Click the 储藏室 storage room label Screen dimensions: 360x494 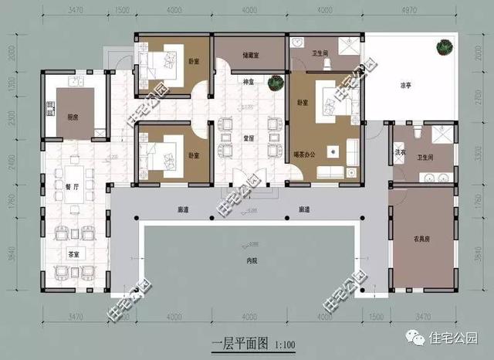[250, 56]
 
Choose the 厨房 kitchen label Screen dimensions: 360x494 [73, 117]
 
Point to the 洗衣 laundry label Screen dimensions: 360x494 [401, 153]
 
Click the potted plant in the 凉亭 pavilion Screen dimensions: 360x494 [444, 49]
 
